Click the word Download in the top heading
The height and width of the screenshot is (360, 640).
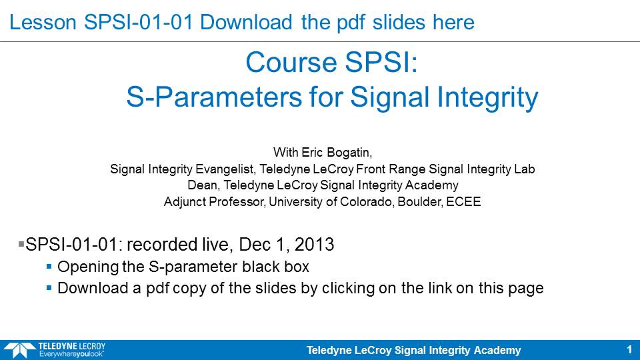point(246,22)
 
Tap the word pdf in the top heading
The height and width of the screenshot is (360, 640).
point(351,23)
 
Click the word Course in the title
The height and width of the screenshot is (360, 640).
point(291,63)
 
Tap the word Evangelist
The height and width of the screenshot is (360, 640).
point(226,169)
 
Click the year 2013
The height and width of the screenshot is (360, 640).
point(314,245)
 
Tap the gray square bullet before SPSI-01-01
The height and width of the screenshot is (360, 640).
point(21,244)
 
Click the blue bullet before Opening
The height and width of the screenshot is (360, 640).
point(49,267)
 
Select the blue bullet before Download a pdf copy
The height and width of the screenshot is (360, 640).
point(49,288)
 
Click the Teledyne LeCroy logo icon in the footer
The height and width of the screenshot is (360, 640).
point(19,351)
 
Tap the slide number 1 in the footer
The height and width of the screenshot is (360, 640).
point(629,350)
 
